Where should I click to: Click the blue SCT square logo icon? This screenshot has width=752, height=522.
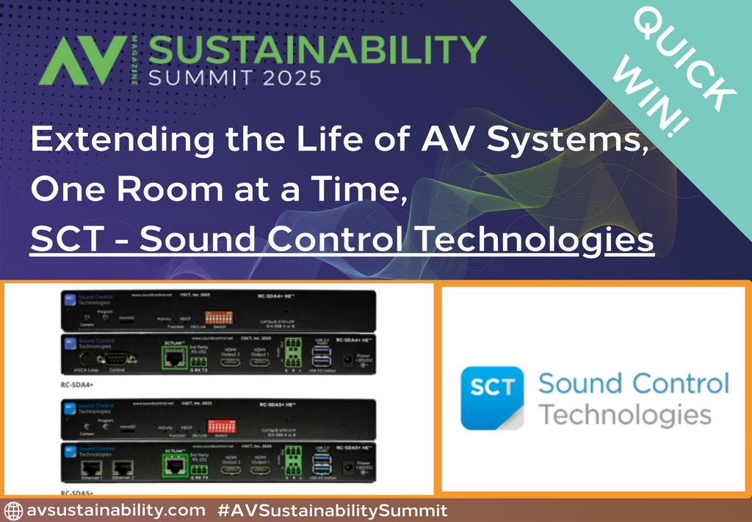pyautogui.click(x=491, y=397)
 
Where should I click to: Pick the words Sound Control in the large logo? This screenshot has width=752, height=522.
pyautogui.click(x=633, y=383)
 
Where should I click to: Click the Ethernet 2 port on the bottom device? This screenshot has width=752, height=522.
pyautogui.click(x=123, y=468)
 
